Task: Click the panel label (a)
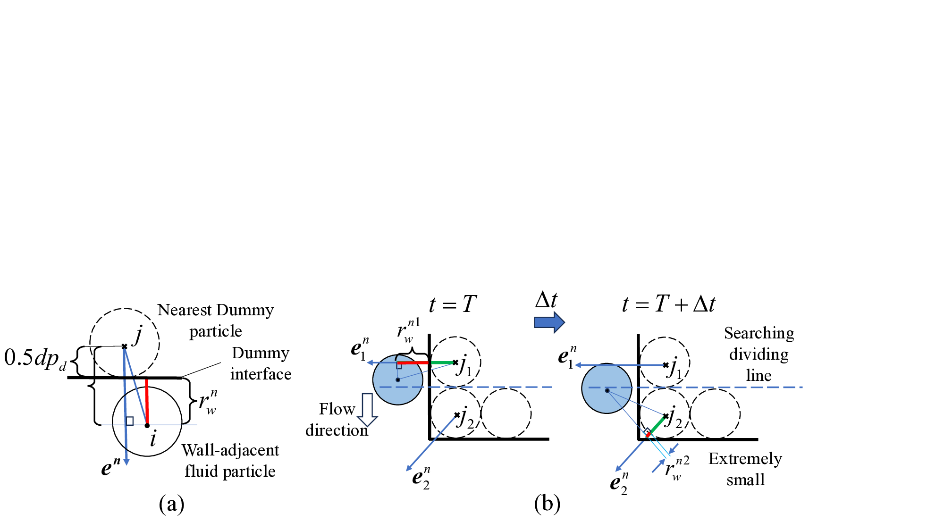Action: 171,504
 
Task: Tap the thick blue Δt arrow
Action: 549,322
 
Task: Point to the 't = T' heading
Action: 452,304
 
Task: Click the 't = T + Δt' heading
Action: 668,304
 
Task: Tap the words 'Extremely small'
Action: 745,469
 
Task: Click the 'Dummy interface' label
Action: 261,363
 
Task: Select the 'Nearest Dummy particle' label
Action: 216,320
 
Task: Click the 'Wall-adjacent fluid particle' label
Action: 230,460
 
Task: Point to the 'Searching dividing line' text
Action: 759,354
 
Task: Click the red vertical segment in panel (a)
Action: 147,401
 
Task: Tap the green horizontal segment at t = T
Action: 442,362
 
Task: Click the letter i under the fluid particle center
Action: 153,439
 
